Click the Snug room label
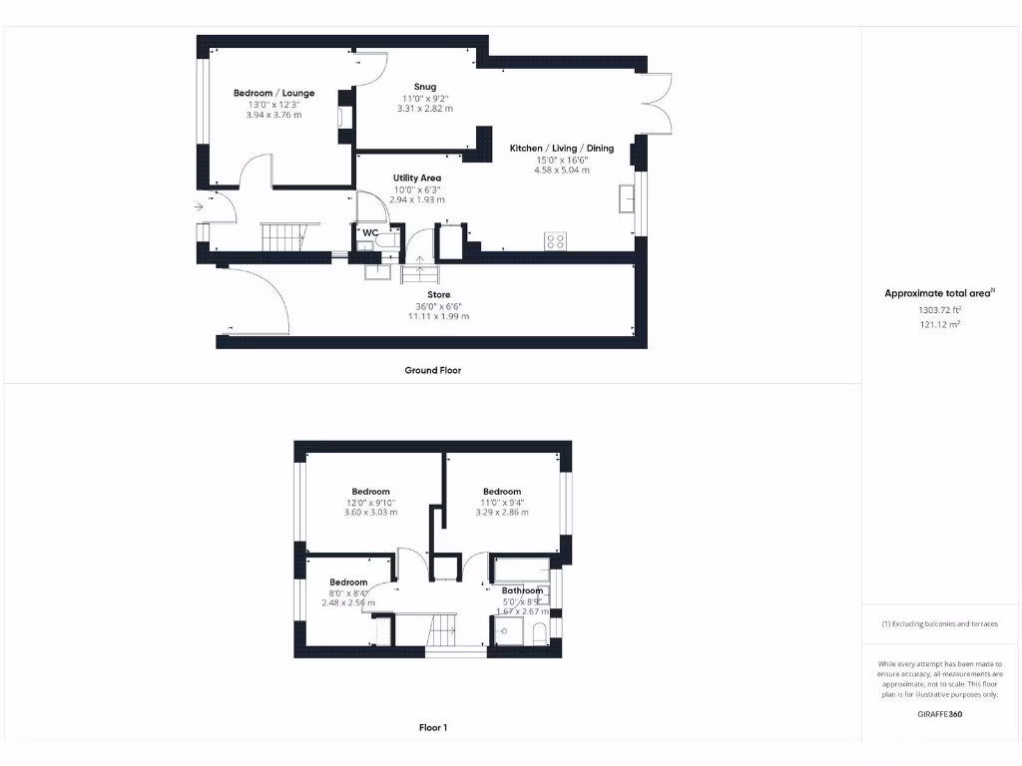click(425, 87)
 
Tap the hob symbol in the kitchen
click(554, 240)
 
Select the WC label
click(369, 232)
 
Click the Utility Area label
click(416, 178)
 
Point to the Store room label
click(439, 295)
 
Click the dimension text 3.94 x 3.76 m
click(273, 115)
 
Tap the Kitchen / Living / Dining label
click(562, 149)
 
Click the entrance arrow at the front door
click(200, 206)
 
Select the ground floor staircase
click(281, 237)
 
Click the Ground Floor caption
click(432, 370)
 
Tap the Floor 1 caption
click(433, 728)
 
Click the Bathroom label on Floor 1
click(522, 590)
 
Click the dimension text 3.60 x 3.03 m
click(370, 513)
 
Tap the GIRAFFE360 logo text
click(938, 714)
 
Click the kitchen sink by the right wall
click(628, 198)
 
